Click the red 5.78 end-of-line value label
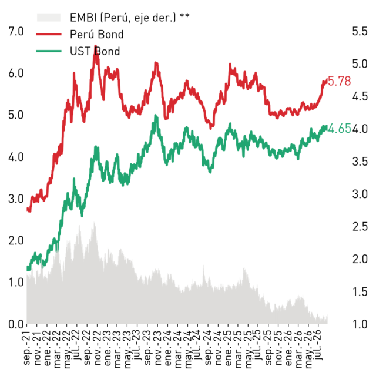pyautogui.click(x=339, y=81)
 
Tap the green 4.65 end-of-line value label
pyautogui.click(x=339, y=129)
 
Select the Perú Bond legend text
pyautogui.click(x=96, y=34)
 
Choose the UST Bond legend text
pyautogui.click(x=95, y=51)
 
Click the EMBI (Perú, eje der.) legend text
pyautogui.click(x=123, y=18)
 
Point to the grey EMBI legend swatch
pyautogui.click(x=49, y=18)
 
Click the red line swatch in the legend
pyautogui.click(x=49, y=34)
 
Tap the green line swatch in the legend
pyautogui.click(x=49, y=51)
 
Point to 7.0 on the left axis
pyautogui.click(x=16, y=31)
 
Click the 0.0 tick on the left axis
pyautogui.click(x=16, y=324)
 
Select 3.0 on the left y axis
pyautogui.click(x=16, y=199)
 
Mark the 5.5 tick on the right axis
pyautogui.click(x=360, y=31)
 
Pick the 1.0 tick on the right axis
pyautogui.click(x=360, y=324)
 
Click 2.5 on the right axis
pyautogui.click(x=360, y=227)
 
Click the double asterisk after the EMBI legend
pyautogui.click(x=184, y=16)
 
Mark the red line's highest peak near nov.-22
pyautogui.click(x=96, y=46)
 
